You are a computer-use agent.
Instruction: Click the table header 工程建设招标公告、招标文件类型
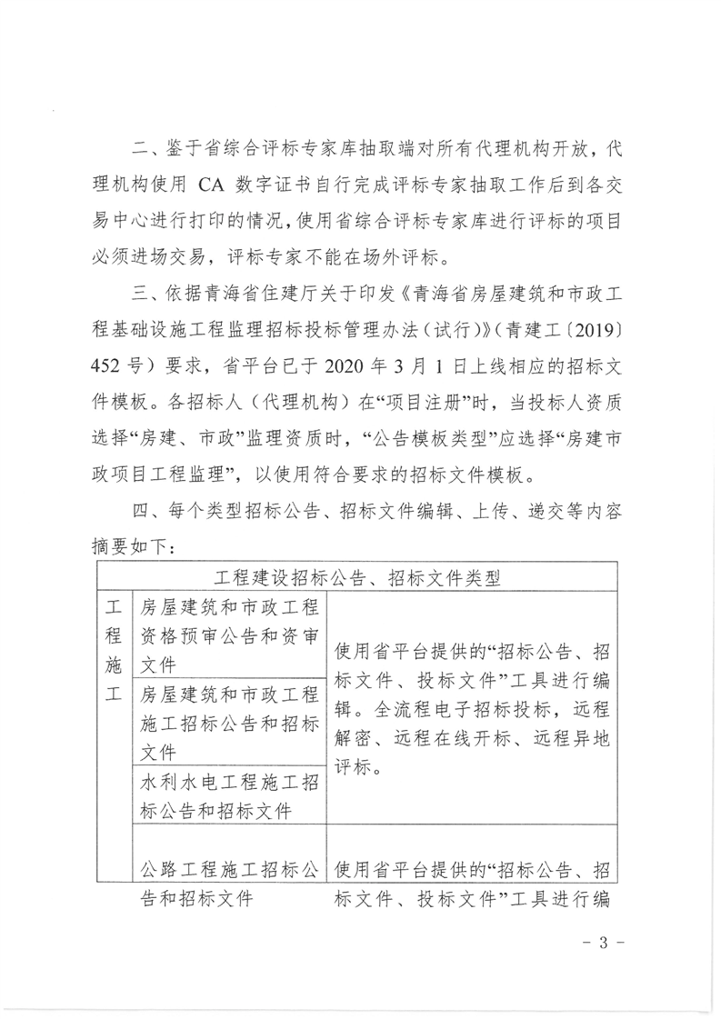click(356, 576)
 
